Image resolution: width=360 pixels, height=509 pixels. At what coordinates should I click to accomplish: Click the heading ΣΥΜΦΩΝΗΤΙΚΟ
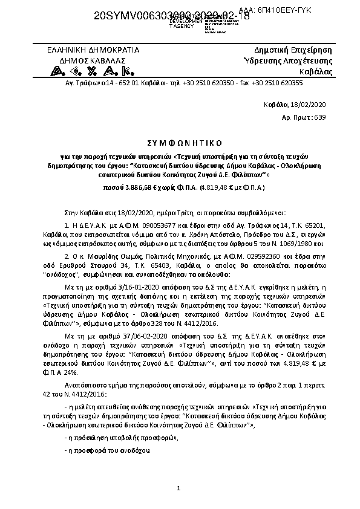[x=180, y=142]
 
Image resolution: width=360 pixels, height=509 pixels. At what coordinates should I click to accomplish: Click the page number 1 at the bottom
[x=179, y=487]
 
